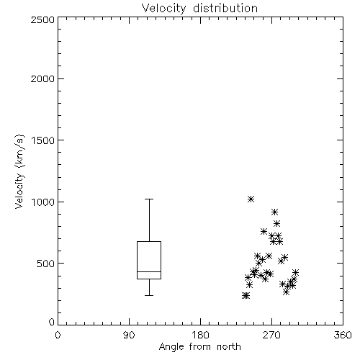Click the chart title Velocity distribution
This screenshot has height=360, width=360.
199,9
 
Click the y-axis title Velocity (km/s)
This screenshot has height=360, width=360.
19,171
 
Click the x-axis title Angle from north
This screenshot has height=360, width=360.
199,347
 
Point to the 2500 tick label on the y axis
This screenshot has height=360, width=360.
42,19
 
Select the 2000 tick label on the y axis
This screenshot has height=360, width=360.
42,78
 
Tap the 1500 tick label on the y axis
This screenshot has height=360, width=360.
42,140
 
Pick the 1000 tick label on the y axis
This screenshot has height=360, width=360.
42,202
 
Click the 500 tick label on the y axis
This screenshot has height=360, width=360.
46,264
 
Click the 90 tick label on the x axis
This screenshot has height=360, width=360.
129,335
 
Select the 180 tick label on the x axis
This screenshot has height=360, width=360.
200,335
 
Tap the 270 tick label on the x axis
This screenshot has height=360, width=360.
271,335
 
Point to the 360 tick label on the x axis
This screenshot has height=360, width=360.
343,335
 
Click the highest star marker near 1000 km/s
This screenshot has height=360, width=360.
251,199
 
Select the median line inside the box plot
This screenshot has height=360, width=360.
149,271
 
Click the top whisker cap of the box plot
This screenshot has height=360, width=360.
149,199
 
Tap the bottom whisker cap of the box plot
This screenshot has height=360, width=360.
149,295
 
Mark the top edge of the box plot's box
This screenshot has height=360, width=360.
149,241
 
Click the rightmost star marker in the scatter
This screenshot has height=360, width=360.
295,272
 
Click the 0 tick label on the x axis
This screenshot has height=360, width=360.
58,335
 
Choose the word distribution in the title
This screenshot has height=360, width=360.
225,9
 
